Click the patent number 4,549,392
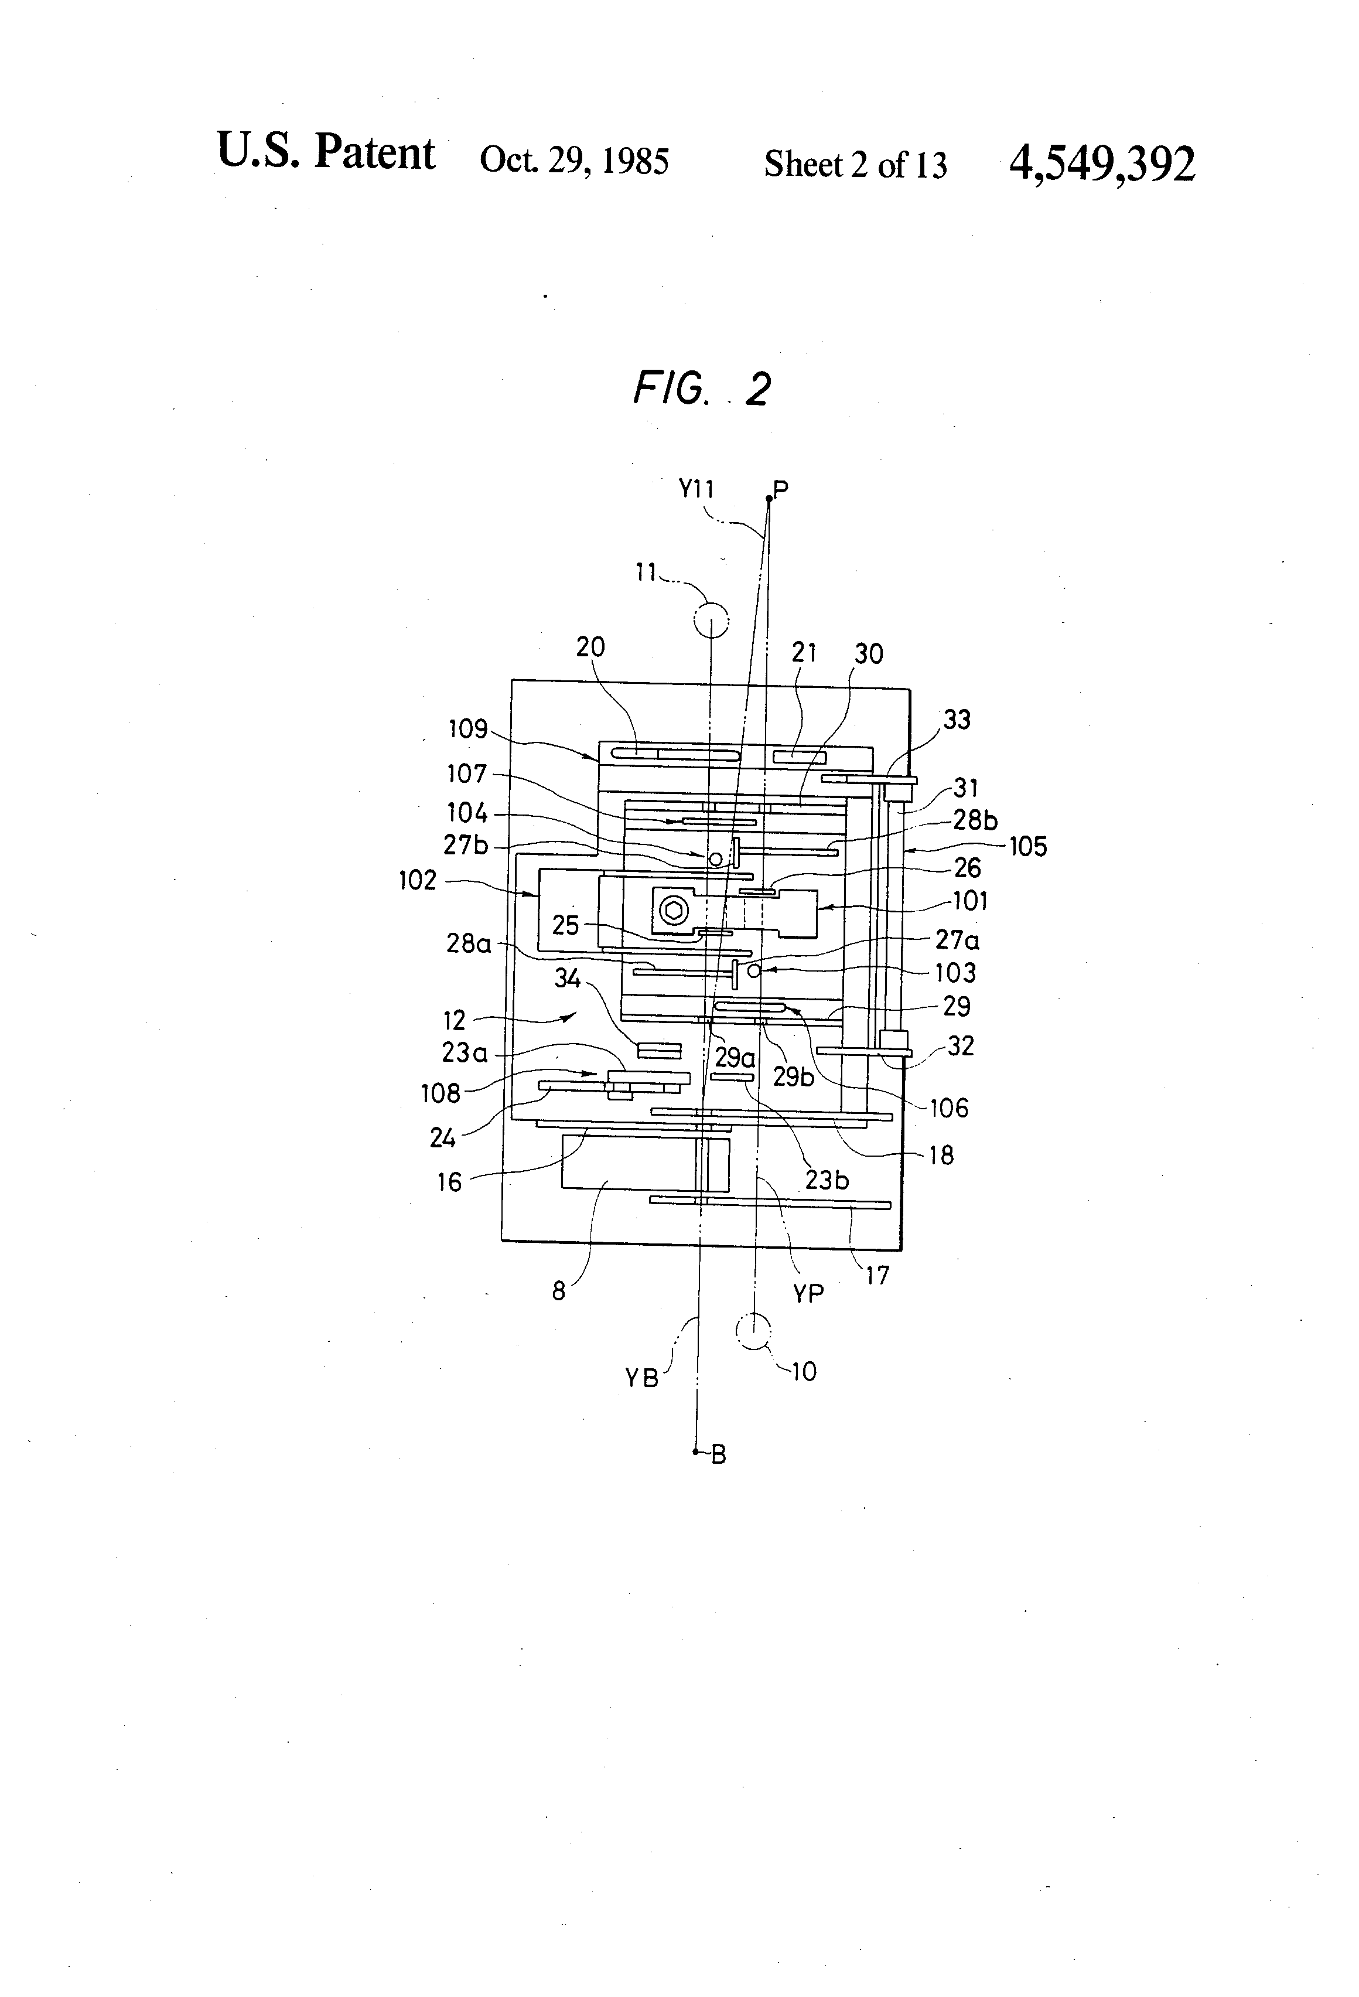1102,163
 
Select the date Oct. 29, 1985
574,160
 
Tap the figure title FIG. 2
702,389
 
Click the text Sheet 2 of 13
856,164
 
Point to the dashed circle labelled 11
711,619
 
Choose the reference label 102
418,880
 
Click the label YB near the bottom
641,1378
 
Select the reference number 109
468,730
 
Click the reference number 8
558,1291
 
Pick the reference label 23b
827,1180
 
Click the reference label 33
956,719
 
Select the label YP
808,1293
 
